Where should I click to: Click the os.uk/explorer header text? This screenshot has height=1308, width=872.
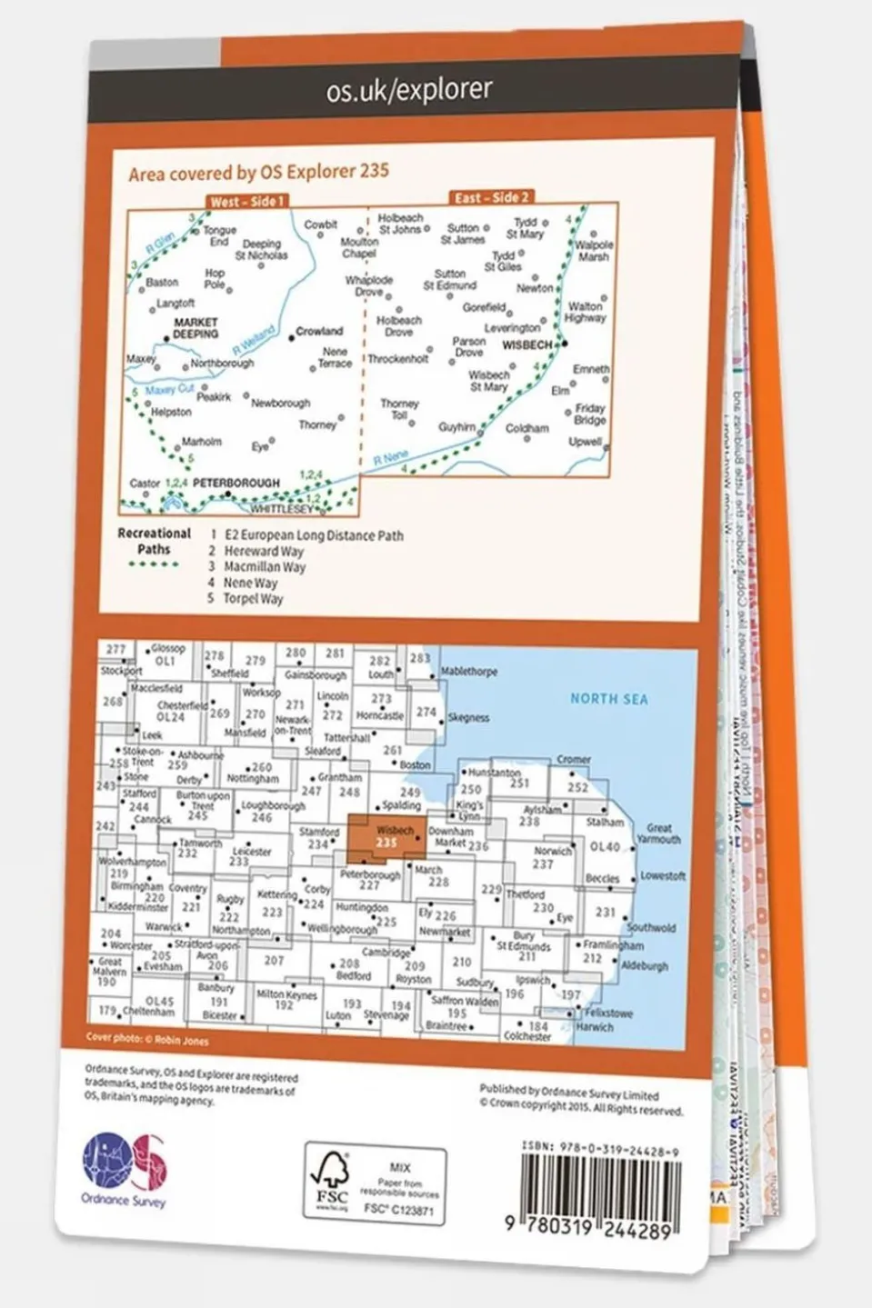409,89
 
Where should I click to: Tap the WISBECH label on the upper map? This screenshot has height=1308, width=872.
527,345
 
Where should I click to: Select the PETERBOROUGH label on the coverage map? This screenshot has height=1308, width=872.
236,483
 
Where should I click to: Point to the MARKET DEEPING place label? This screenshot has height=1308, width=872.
195,328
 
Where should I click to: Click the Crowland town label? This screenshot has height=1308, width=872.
319,331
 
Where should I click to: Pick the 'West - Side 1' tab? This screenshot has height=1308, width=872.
247,202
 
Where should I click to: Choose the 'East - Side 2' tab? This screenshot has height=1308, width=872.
491,197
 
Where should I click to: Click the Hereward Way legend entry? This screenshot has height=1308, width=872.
264,551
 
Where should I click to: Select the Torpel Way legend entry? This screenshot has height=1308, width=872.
253,599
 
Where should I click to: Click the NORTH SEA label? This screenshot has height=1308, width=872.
608,699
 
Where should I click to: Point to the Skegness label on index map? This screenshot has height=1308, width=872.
468,717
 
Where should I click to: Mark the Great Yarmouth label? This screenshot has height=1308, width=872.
659,834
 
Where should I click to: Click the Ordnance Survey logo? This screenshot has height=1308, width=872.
125,1169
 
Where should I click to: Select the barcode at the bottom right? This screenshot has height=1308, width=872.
601,1190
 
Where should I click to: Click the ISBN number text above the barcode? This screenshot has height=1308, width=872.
600,1149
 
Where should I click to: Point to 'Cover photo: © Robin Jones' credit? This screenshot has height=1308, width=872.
147,1039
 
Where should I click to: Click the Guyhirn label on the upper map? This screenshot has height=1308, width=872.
457,426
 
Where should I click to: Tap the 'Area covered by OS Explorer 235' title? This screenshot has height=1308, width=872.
258,172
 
